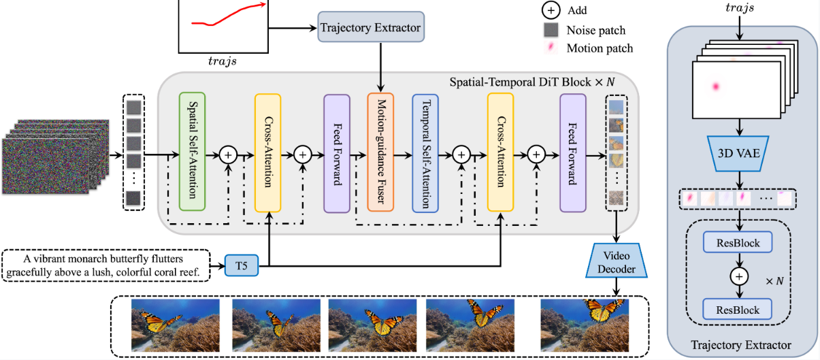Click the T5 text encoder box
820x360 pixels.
pyautogui.click(x=242, y=265)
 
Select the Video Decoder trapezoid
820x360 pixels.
pyautogui.click(x=617, y=261)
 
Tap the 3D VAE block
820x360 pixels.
pyautogui.click(x=738, y=153)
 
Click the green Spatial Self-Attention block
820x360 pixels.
pyautogui.click(x=192, y=151)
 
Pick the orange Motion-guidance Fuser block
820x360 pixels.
pyautogui.click(x=380, y=152)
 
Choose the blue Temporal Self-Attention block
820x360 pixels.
pyautogui.click(x=425, y=153)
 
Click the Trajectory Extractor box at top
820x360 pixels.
pyautogui.click(x=371, y=27)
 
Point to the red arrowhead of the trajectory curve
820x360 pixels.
pyautogui.click(x=263, y=5)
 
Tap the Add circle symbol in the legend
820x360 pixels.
pyautogui.click(x=551, y=10)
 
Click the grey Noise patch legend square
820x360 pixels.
pyautogui.click(x=551, y=30)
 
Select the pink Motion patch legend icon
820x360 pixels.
pyautogui.click(x=551, y=48)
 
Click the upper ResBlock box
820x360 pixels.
pyautogui.click(x=738, y=242)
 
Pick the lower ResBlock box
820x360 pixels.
pyautogui.click(x=737, y=309)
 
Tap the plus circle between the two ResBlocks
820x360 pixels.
pyautogui.click(x=739, y=276)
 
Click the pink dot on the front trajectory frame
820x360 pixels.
pyautogui.click(x=716, y=87)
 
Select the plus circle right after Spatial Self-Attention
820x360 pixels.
pyautogui.click(x=228, y=155)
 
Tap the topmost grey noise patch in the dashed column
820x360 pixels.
pyautogui.click(x=134, y=108)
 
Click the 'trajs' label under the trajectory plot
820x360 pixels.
pyautogui.click(x=223, y=61)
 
